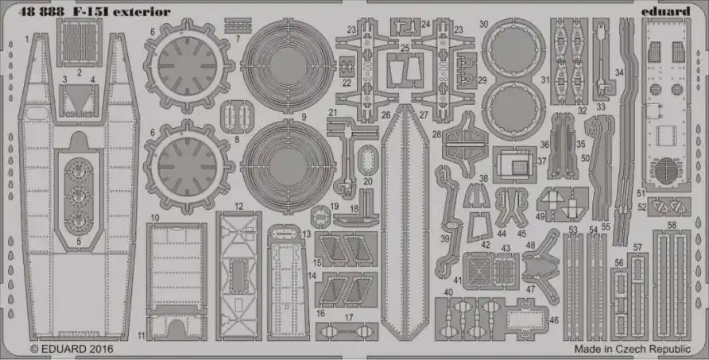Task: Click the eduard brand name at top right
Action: coord(665,11)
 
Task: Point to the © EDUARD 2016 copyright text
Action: coord(72,349)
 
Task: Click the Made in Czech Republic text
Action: coord(633,349)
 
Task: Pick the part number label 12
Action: coord(238,207)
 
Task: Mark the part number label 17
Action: coord(349,318)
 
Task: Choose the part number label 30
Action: coord(483,25)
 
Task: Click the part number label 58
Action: coord(672,225)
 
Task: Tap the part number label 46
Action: coord(554,320)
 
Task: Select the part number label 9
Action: coord(304,117)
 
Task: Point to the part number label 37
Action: coord(542,161)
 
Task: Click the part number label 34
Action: coord(619,72)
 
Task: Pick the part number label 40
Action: coord(447,292)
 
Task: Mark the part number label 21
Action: coord(333,113)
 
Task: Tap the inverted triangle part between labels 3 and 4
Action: coord(78,97)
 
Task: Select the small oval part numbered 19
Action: coord(320,215)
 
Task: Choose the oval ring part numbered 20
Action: coord(367,160)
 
